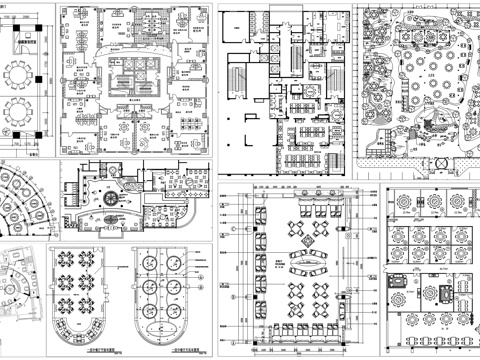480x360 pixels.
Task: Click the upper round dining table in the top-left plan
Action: pyautogui.click(x=21, y=73)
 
